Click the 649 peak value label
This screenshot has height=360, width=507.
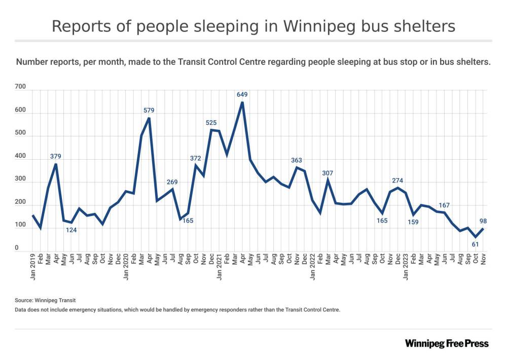click(242, 94)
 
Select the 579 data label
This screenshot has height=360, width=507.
click(149, 110)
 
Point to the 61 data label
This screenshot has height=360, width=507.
click(476, 245)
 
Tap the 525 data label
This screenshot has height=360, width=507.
click(211, 122)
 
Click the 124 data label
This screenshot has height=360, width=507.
click(71, 231)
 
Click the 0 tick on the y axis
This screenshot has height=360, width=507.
click(17, 248)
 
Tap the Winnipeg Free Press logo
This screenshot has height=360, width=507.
click(447, 343)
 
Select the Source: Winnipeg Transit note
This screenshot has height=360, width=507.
click(46, 300)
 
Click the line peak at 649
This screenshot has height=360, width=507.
click(242, 102)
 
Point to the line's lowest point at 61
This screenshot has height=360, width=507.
click(476, 237)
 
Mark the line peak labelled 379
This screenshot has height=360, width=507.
click(55, 164)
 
